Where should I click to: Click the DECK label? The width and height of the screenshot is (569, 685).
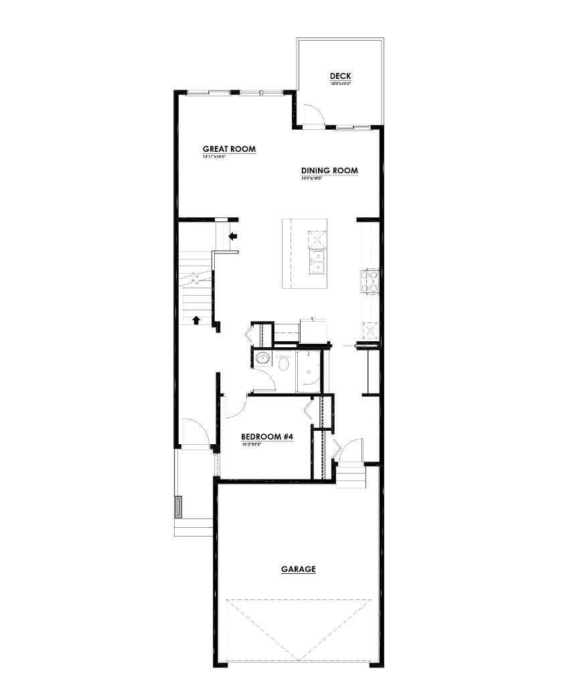pyautogui.click(x=340, y=76)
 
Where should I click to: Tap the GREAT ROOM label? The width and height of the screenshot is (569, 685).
pyautogui.click(x=229, y=149)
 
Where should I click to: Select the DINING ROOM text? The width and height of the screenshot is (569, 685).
pyautogui.click(x=329, y=171)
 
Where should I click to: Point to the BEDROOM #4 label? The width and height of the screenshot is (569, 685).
pyautogui.click(x=267, y=437)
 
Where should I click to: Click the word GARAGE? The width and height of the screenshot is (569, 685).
pyautogui.click(x=298, y=569)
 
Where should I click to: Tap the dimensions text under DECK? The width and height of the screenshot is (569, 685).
pyautogui.click(x=340, y=84)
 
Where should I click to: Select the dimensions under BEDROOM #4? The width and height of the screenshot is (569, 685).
pyautogui.click(x=250, y=444)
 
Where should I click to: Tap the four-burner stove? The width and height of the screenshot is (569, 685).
pyautogui.click(x=370, y=280)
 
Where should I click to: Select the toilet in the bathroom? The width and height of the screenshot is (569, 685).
pyautogui.click(x=283, y=364)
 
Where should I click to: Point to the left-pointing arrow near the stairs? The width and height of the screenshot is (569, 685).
pyautogui.click(x=234, y=235)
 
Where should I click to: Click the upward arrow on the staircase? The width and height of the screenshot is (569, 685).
pyautogui.click(x=196, y=320)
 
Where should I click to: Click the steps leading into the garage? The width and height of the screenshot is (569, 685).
pyautogui.click(x=351, y=476)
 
